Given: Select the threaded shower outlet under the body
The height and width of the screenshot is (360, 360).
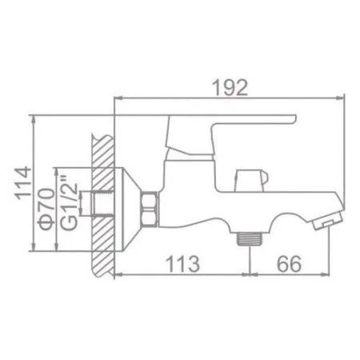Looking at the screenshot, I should [x=254, y=238].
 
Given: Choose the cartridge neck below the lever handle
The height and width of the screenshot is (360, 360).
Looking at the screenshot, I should [x=181, y=144].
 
